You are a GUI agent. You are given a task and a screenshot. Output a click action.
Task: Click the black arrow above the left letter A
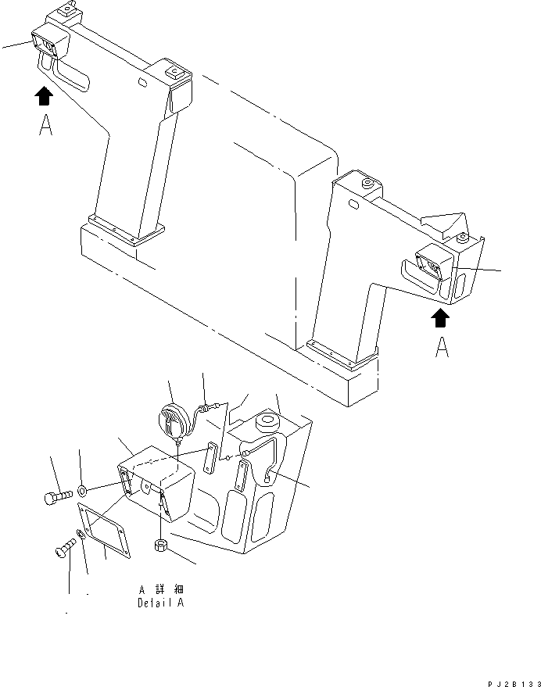(x=45, y=97)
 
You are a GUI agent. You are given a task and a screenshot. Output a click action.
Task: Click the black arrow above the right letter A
(x=441, y=317)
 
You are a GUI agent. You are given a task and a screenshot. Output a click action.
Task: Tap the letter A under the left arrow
(x=45, y=126)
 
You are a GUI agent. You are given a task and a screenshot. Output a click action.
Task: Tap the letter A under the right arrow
(x=442, y=346)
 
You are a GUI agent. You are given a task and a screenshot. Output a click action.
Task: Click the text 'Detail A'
(x=160, y=603)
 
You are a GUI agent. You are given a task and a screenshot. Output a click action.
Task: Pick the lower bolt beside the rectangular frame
(x=63, y=550)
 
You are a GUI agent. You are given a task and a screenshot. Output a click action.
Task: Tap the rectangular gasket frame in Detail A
(x=106, y=531)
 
